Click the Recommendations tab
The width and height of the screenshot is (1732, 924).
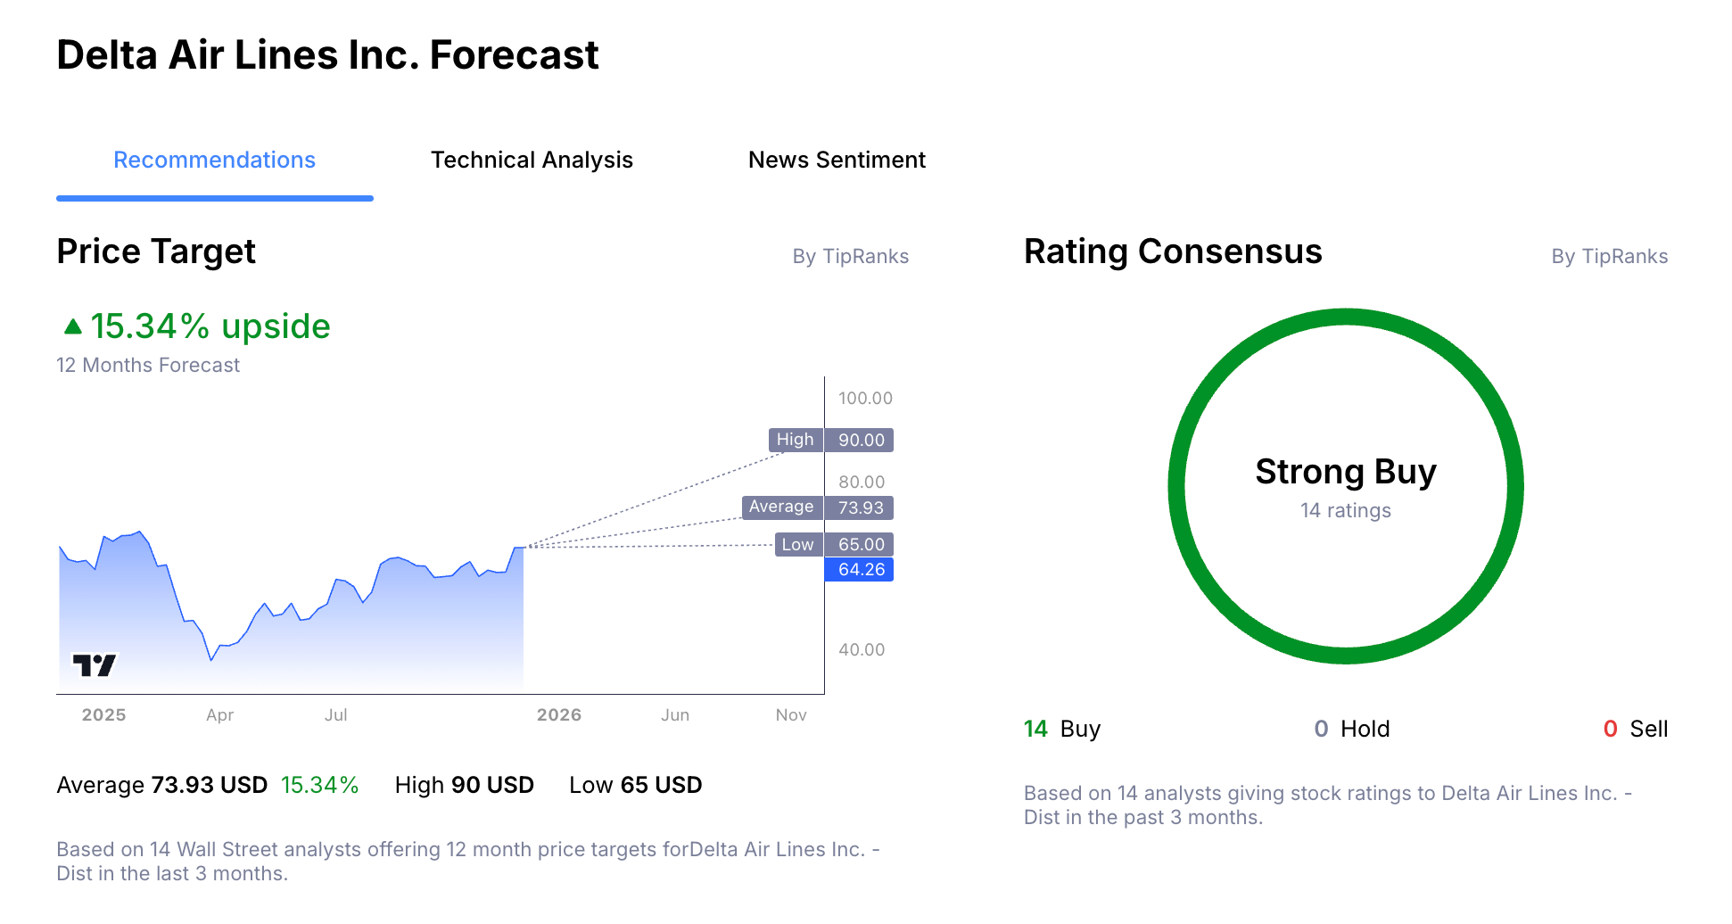click(214, 160)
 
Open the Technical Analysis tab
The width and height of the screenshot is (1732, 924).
click(532, 160)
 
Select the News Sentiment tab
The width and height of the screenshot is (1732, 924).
click(837, 160)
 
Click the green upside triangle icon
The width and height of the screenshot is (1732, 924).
click(73, 327)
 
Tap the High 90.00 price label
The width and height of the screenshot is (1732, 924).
click(830, 440)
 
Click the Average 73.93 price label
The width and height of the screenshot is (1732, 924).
click(817, 507)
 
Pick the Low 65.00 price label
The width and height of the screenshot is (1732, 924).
click(833, 544)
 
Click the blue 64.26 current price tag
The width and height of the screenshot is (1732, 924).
click(860, 569)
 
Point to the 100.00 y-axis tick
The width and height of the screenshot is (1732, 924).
click(864, 398)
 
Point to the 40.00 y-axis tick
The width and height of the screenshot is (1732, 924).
click(861, 649)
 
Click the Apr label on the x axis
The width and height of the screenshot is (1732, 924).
click(219, 714)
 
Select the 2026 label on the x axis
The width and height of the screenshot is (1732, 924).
click(558, 714)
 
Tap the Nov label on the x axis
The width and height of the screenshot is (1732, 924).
click(790, 714)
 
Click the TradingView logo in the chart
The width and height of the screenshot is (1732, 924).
click(94, 664)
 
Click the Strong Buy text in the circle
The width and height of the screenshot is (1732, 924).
click(1345, 471)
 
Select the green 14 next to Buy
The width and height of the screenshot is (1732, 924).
click(1035, 729)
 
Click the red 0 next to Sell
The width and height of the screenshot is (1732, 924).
click(1610, 729)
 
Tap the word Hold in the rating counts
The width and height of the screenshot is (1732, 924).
click(1365, 729)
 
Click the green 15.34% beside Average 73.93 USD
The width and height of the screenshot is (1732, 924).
click(319, 785)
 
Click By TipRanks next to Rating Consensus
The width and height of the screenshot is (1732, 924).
click(1609, 256)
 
